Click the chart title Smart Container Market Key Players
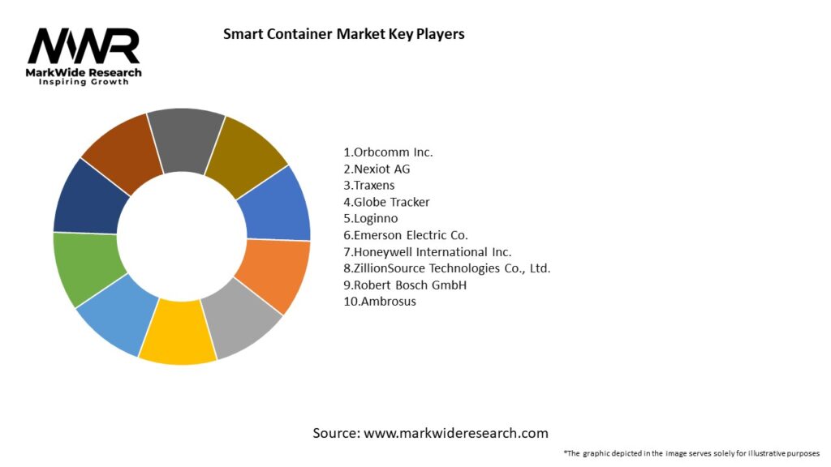(x=343, y=34)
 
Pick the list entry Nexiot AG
(x=377, y=169)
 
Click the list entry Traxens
(x=370, y=185)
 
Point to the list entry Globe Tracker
(x=386, y=202)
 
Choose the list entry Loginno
(x=371, y=218)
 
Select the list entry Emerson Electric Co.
(x=406, y=235)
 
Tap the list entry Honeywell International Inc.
(x=428, y=252)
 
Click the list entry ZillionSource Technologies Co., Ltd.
(x=447, y=268)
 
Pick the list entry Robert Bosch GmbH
(x=405, y=285)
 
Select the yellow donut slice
(x=177, y=332)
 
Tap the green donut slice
(x=85, y=267)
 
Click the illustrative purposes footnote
(x=691, y=453)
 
